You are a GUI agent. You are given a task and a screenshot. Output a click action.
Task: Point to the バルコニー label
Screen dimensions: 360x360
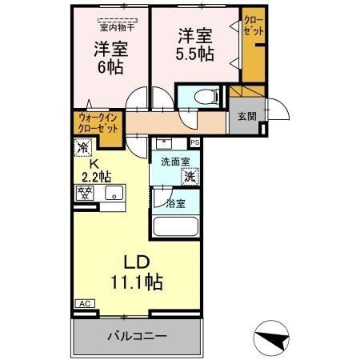[x=138, y=334]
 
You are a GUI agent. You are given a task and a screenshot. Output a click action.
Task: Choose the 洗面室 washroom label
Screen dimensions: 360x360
[x=174, y=162]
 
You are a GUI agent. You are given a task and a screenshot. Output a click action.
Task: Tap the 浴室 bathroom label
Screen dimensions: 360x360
[x=174, y=204]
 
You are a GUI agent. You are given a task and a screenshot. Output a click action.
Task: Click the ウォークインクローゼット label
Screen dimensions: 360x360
[x=98, y=126]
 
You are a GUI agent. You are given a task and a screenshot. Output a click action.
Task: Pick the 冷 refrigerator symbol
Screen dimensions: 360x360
[x=83, y=146]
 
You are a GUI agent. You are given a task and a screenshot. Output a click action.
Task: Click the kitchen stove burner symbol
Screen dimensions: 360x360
[x=84, y=191]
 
